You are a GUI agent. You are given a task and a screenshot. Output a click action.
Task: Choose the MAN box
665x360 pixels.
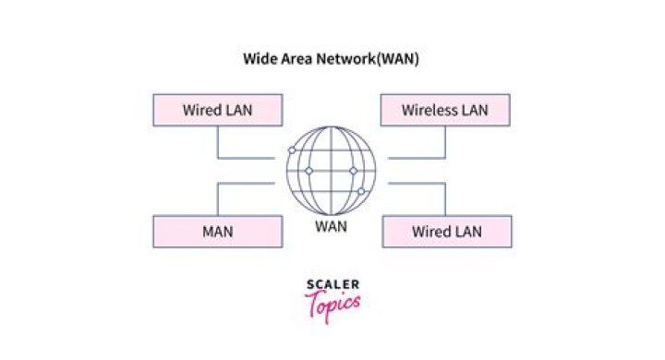click(217, 231)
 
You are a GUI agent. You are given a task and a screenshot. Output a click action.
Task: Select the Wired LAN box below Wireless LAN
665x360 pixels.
click(445, 231)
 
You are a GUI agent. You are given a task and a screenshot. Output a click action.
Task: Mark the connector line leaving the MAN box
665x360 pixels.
click(217, 198)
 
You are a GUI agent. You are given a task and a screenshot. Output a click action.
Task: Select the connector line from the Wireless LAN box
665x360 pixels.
click(445, 143)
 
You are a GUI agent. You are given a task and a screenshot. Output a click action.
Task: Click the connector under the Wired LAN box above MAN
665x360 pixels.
click(217, 143)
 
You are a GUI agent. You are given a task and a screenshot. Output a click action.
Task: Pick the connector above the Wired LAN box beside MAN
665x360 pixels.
click(445, 198)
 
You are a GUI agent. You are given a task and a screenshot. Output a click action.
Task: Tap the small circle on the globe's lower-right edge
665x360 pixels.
click(362, 192)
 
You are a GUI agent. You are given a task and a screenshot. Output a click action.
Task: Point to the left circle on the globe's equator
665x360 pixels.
click(308, 171)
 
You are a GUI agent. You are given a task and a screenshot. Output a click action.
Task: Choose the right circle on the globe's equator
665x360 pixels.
click(353, 171)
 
